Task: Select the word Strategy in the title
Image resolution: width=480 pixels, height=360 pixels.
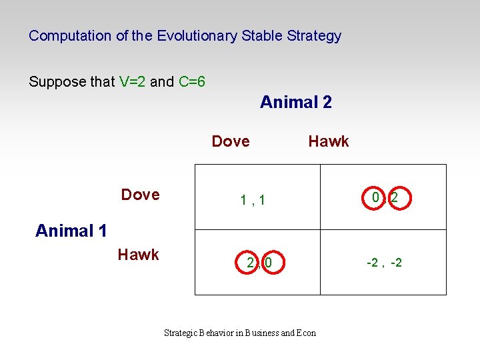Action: click(314, 36)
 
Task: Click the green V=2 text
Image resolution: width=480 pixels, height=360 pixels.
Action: click(133, 82)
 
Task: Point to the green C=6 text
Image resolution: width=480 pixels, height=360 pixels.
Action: click(191, 82)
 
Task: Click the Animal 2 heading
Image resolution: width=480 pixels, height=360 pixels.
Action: click(295, 102)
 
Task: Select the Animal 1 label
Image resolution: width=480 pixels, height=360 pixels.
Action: click(71, 231)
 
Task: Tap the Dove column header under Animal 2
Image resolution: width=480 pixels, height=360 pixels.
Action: click(230, 141)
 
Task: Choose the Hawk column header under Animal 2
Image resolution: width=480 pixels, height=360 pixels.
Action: click(328, 141)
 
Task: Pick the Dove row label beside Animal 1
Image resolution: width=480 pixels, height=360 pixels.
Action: click(140, 195)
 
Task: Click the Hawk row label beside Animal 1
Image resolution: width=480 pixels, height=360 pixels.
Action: click(138, 254)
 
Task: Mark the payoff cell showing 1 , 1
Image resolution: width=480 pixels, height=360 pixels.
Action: click(253, 199)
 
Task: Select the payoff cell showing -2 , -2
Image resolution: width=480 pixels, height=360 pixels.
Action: click(384, 263)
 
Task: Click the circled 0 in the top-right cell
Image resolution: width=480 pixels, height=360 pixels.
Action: click(376, 198)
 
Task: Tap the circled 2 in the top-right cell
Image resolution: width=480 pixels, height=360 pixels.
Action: click(395, 198)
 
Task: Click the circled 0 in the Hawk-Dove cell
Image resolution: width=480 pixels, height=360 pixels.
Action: click(268, 263)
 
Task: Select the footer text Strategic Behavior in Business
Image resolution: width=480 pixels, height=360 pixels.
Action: click(221, 333)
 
